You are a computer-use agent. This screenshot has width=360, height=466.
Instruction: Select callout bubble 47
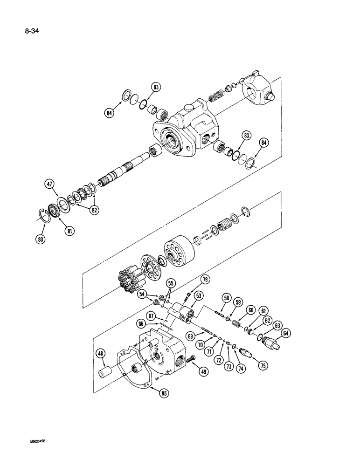tap(49, 184)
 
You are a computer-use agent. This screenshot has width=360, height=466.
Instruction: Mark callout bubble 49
tap(204, 372)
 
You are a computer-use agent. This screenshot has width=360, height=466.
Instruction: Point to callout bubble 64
tap(286, 333)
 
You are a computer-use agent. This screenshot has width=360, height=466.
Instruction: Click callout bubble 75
tap(263, 366)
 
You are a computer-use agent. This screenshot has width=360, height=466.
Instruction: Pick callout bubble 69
tap(190, 336)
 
